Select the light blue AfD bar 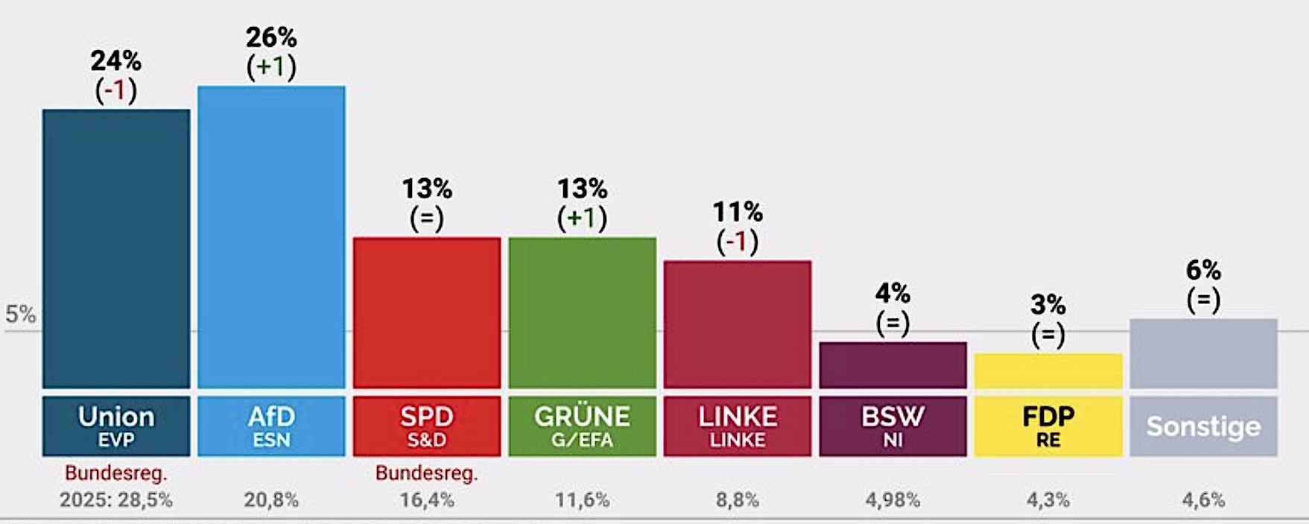pyautogui.click(x=271, y=237)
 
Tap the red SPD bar pyautogui.click(x=427, y=312)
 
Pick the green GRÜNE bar pyautogui.click(x=582, y=312)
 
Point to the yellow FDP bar pyautogui.click(x=1048, y=370)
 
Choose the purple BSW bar pyautogui.click(x=893, y=364)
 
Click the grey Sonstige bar pyautogui.click(x=1203, y=353)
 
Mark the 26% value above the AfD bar pyautogui.click(x=271, y=37)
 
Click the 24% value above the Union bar pyautogui.click(x=116, y=60)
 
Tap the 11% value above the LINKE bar pyautogui.click(x=738, y=212)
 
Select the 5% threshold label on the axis pyautogui.click(x=21, y=315)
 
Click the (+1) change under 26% pyautogui.click(x=271, y=68)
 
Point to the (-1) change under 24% pyautogui.click(x=116, y=91)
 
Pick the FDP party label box pyautogui.click(x=1048, y=426)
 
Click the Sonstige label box pyautogui.click(x=1203, y=426)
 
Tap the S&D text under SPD pyautogui.click(x=427, y=440)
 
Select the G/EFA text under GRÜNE pyautogui.click(x=582, y=440)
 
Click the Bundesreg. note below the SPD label pyautogui.click(x=427, y=473)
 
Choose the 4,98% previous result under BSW pyautogui.click(x=893, y=499)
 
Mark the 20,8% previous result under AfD pyautogui.click(x=271, y=499)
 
